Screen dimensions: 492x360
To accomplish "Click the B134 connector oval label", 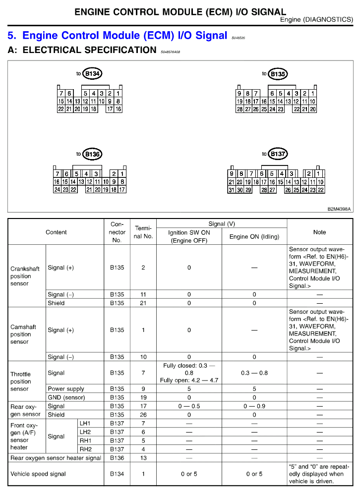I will point(93,74).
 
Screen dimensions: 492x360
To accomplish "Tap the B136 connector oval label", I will point(92,155).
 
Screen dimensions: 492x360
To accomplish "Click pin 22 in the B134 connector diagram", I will point(61,109).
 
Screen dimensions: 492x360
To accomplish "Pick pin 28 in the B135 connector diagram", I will point(240,109).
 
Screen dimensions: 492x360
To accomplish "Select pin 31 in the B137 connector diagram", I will point(231,190).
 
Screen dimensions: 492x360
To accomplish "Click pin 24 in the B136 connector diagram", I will point(58,189).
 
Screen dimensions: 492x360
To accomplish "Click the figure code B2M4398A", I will point(339,209).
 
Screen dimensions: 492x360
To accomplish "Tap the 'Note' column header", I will point(319,232).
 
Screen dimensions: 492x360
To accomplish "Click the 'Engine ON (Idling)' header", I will point(254,237).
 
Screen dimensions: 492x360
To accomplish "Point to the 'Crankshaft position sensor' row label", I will point(25,276).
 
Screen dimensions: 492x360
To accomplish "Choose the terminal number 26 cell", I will point(143,415).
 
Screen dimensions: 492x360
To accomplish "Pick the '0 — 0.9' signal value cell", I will point(254,406).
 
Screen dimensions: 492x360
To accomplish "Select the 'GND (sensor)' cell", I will point(66,397).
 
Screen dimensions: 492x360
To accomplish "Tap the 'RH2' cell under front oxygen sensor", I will point(85,449).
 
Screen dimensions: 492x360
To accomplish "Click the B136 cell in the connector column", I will point(117,458).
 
